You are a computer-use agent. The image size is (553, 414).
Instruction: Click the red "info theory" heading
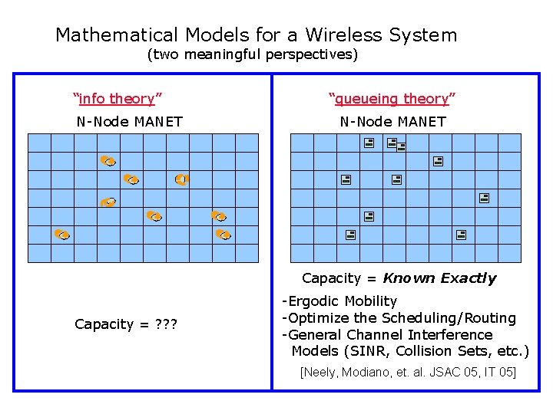pyautogui.click(x=117, y=98)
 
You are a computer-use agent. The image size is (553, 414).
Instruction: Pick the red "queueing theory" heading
pyautogui.click(x=392, y=98)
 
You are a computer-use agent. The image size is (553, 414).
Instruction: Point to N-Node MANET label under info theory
pyautogui.click(x=129, y=121)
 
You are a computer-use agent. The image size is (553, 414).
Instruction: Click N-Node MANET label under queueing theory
pyautogui.click(x=392, y=121)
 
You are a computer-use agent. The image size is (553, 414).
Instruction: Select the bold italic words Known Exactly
pyautogui.click(x=439, y=278)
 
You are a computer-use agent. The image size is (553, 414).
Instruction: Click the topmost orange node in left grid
pyautogui.click(x=108, y=161)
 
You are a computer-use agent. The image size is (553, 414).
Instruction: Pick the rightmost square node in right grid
pyautogui.click(x=485, y=198)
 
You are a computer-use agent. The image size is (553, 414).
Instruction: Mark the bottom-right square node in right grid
pyautogui.click(x=461, y=235)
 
